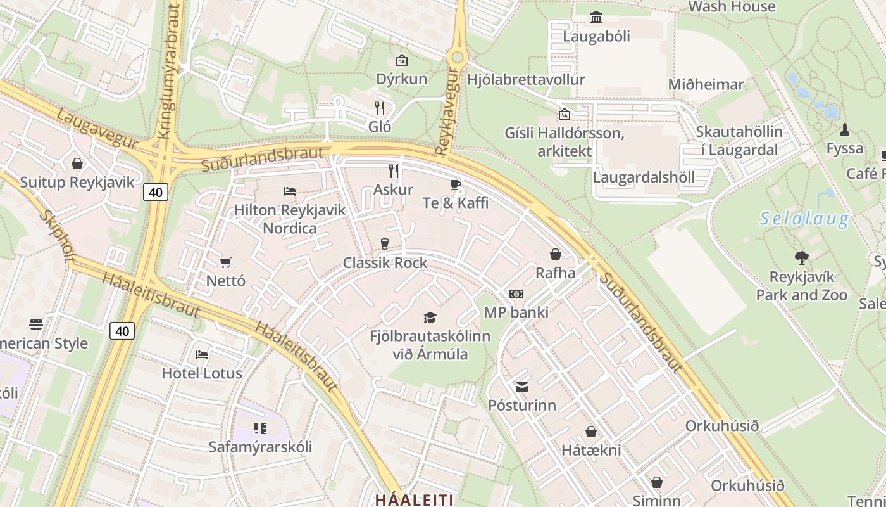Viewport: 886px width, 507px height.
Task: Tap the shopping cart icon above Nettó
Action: pos(226,262)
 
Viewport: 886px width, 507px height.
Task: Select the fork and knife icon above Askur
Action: pos(394,170)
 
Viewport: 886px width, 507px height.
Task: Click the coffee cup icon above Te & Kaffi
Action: pos(455,185)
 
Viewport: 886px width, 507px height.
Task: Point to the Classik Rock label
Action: pos(385,263)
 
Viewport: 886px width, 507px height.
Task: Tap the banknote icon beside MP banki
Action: pos(516,294)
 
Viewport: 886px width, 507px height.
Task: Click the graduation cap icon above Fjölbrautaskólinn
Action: pos(430,318)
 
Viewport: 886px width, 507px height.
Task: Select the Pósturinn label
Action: pos(522,405)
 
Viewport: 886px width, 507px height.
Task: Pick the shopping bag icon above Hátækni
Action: pos(591,432)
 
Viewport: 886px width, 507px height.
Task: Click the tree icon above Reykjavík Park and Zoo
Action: pos(802,257)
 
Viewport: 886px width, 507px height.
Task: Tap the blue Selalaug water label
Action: pos(804,219)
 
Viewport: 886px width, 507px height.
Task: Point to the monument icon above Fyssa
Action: pos(844,131)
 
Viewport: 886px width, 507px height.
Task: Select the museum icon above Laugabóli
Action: pos(596,18)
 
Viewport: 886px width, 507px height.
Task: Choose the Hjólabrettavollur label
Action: pos(525,80)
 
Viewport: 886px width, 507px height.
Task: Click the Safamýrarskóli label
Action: pos(260,447)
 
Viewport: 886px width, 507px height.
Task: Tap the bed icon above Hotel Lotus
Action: pos(202,355)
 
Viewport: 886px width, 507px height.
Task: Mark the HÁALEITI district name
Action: pos(414,499)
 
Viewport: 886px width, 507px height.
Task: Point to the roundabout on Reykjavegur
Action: pos(457,58)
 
